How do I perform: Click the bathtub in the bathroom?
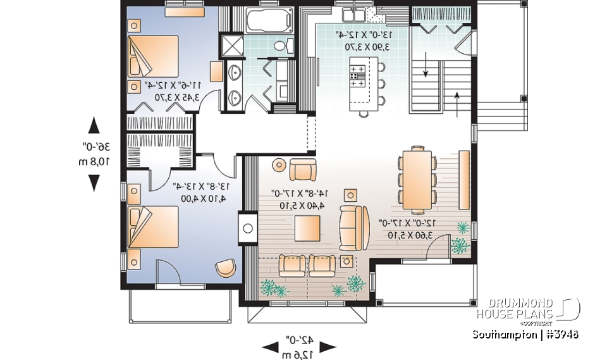pyautogui.click(x=268, y=22)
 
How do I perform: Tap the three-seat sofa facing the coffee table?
pyautogui.click(x=354, y=227)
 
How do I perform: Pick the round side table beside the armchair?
pyautogui.click(x=279, y=166)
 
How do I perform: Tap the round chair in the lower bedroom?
pyautogui.click(x=224, y=268)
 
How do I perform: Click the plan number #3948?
pyautogui.click(x=560, y=334)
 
